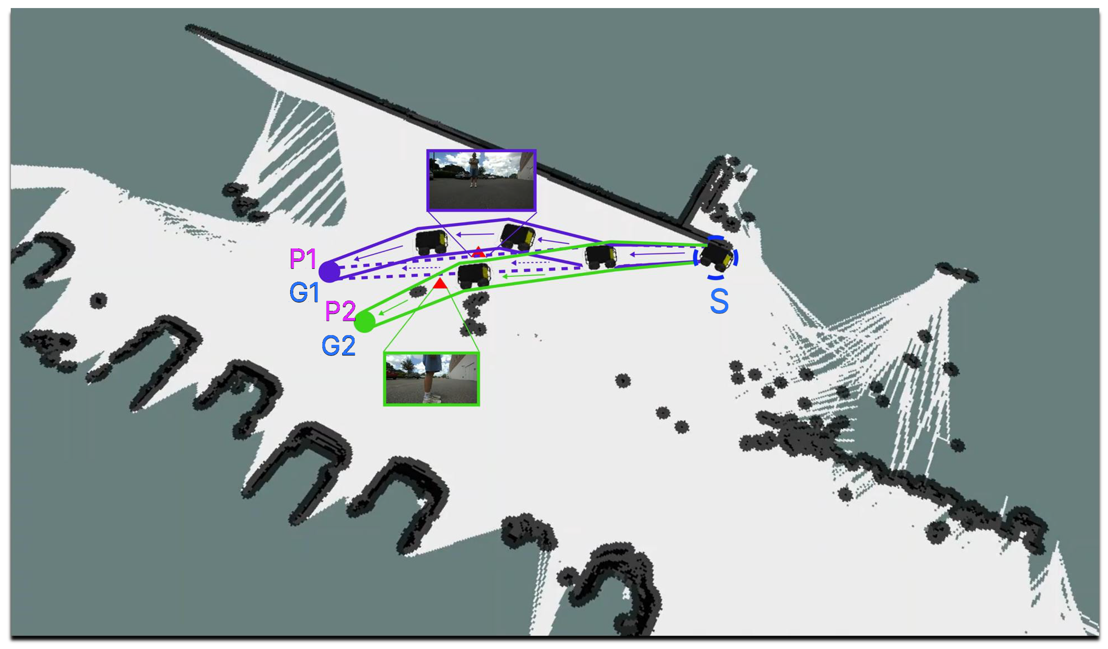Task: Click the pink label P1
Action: pyautogui.click(x=303, y=259)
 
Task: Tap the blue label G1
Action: pyautogui.click(x=304, y=292)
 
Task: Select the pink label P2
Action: pyautogui.click(x=340, y=311)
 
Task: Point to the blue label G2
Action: pyautogui.click(x=338, y=345)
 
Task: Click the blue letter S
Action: pyautogui.click(x=719, y=302)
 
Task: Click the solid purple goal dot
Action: pyautogui.click(x=329, y=272)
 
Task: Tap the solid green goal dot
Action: pyautogui.click(x=365, y=322)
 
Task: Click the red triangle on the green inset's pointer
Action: pyautogui.click(x=440, y=283)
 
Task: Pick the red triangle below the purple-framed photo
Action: pyautogui.click(x=478, y=252)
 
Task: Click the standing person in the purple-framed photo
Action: pyautogui.click(x=474, y=170)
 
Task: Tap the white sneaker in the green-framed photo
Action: pyautogui.click(x=430, y=398)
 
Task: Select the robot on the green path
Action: pyautogui.click(x=474, y=275)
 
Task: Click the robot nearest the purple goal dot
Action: pyautogui.click(x=431, y=242)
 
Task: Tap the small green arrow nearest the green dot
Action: pyautogui.click(x=394, y=307)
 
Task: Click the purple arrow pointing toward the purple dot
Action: pyautogui.click(x=379, y=253)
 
